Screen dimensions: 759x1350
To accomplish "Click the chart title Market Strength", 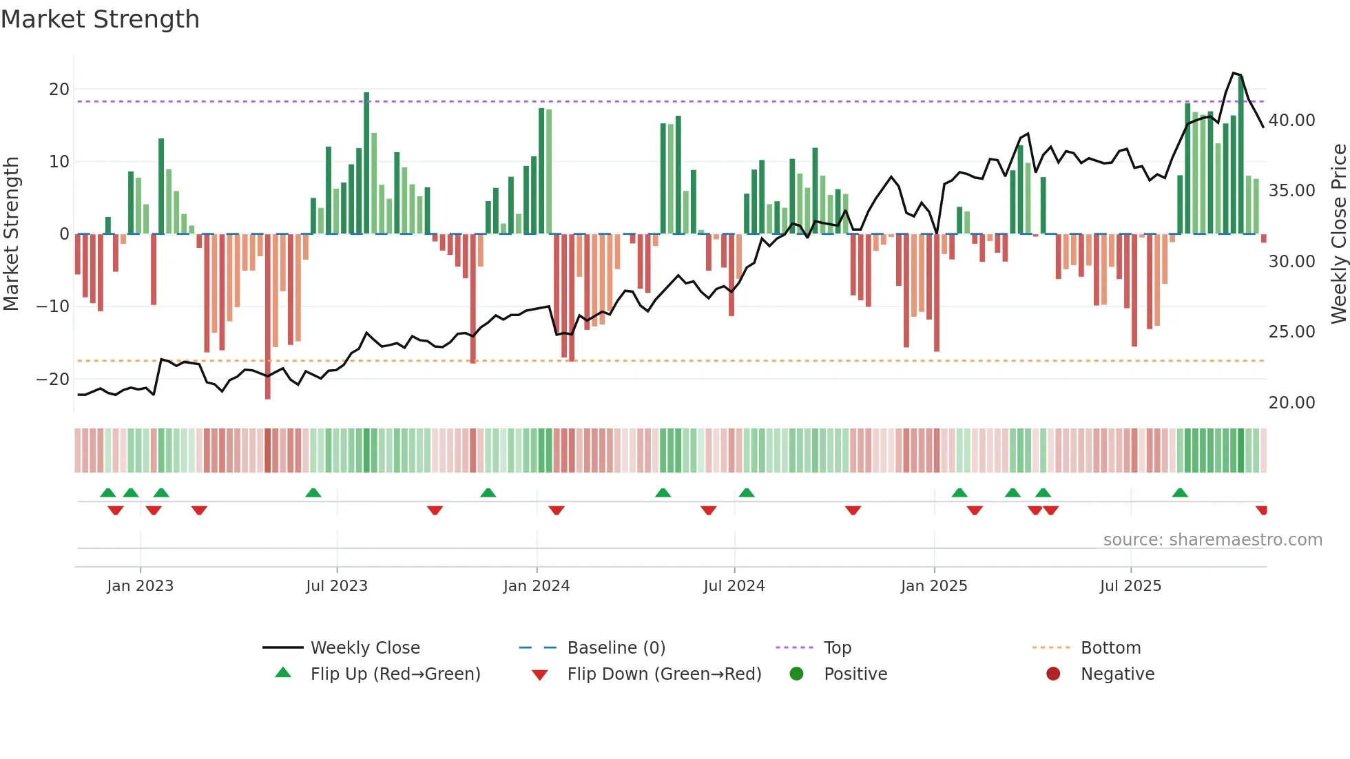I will point(100,19).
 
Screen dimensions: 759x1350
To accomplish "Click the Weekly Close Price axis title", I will point(1338,233).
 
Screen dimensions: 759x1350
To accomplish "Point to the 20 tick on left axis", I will point(59,90).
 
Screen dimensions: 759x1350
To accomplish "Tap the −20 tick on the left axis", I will point(53,379).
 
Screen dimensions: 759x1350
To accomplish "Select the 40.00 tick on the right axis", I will point(1291,121).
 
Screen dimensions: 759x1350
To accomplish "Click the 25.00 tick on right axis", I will point(1291,332).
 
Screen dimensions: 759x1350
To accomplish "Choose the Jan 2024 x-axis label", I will point(537,586).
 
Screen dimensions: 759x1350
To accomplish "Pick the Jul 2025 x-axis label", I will point(1130,586).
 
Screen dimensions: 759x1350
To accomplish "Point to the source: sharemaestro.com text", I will point(1212,540).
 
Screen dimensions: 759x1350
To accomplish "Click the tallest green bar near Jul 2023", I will point(366,163).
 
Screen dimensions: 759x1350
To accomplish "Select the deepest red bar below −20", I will point(268,317).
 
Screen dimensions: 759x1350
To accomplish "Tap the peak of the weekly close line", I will point(1234,73).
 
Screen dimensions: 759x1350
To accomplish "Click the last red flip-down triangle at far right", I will point(1261,510).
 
